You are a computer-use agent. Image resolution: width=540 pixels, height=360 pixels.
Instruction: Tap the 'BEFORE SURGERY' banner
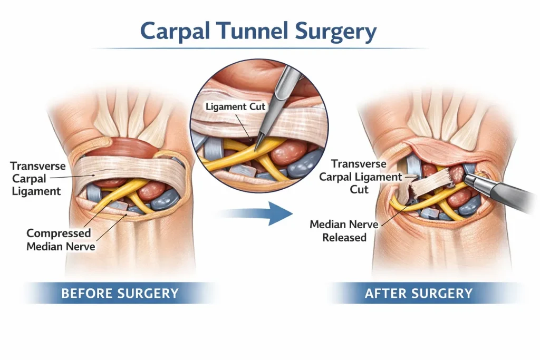tap(120, 293)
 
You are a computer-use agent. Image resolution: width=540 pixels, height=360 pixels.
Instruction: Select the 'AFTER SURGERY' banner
tap(419, 293)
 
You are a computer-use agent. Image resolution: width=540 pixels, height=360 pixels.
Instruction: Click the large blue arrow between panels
tap(257, 213)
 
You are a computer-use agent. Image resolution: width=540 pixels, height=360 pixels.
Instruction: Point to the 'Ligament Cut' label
tap(236, 106)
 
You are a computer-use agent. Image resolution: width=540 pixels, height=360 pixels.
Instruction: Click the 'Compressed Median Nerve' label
tap(59, 239)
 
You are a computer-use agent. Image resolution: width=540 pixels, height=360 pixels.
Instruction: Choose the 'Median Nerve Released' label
tap(344, 231)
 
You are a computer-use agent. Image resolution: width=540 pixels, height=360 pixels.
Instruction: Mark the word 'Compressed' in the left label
tap(59, 233)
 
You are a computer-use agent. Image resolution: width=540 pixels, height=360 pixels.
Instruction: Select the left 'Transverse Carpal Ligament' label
tap(38, 178)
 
